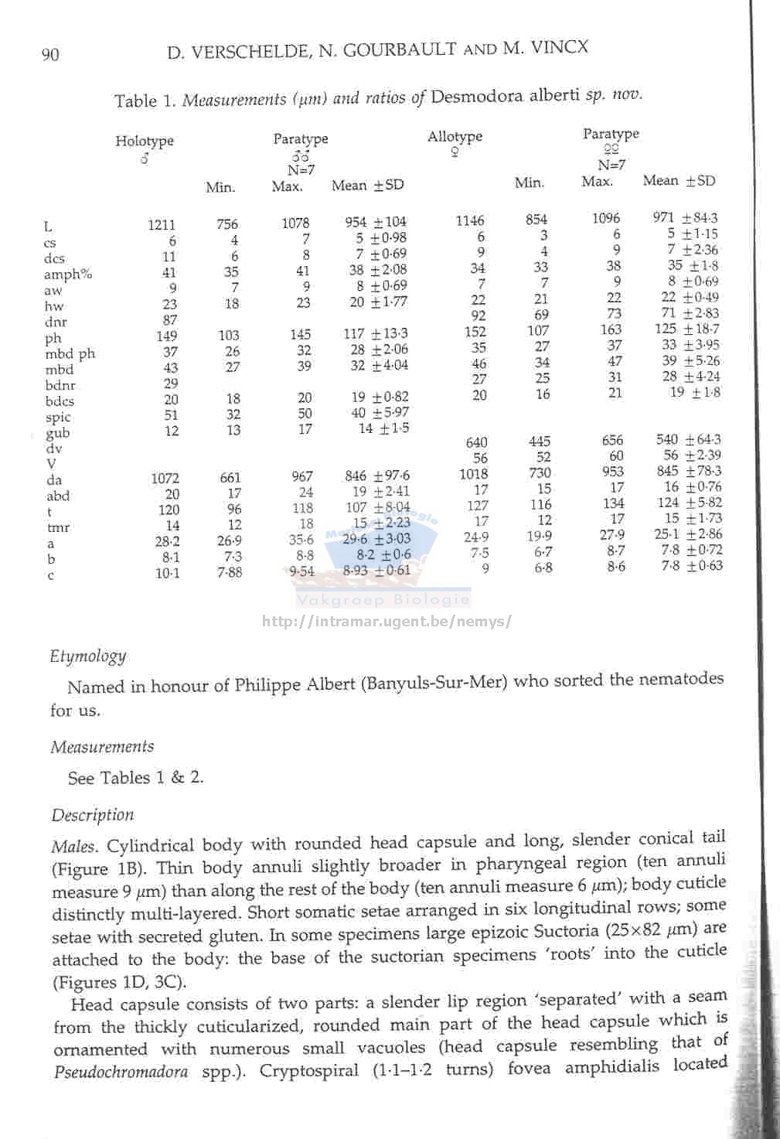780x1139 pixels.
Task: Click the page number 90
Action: point(49,54)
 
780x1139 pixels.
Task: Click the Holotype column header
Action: point(145,141)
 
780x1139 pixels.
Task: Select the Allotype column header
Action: point(455,137)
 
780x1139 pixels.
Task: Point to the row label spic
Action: point(58,417)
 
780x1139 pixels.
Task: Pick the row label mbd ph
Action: point(70,354)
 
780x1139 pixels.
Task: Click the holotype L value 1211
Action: point(162,225)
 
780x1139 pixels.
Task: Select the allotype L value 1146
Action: point(470,220)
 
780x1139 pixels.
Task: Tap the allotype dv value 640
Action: point(476,442)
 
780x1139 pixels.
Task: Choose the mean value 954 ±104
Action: point(375,223)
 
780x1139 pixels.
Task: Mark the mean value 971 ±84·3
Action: point(685,218)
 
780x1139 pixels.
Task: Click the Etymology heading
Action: point(88,656)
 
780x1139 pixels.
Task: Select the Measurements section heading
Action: point(102,747)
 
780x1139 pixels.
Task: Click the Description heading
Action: point(93,815)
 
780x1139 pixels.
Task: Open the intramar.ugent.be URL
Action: point(387,621)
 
